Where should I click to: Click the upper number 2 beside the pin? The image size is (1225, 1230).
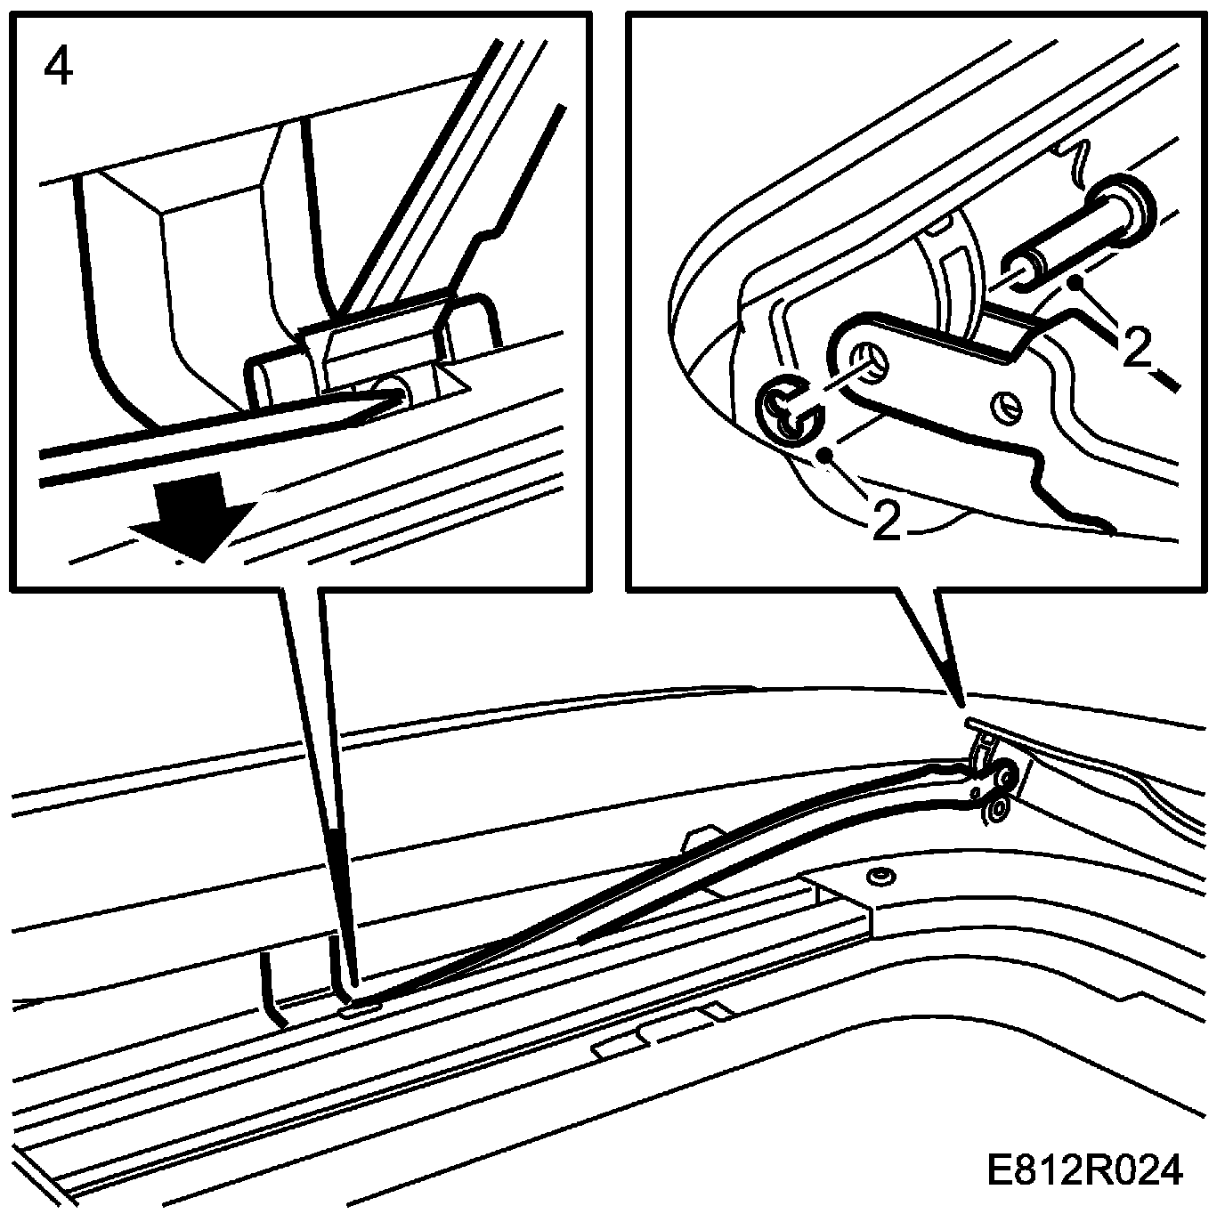1136,346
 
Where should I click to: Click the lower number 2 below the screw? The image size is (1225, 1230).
885,520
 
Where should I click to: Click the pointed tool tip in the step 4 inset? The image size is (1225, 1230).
397,398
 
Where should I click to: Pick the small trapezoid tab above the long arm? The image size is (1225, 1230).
702,840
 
